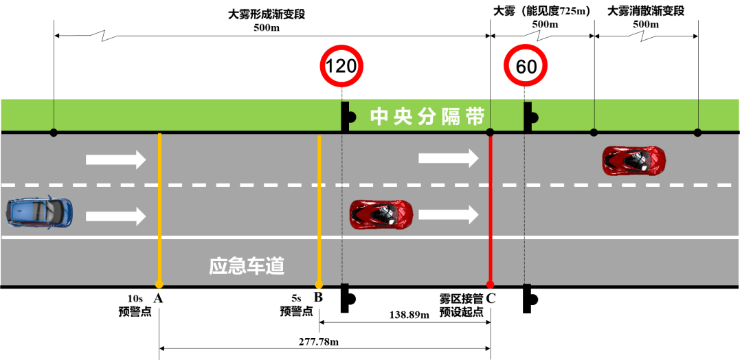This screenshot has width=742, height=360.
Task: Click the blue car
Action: (x=40, y=213)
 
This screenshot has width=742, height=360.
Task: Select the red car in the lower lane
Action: (x=381, y=214)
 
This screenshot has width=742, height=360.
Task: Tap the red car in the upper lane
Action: (x=634, y=160)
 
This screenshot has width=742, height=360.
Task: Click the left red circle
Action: (x=341, y=66)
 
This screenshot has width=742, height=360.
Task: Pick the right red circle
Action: (x=526, y=66)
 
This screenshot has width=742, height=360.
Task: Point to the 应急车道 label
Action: (x=247, y=266)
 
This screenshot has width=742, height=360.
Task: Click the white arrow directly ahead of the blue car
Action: (x=116, y=216)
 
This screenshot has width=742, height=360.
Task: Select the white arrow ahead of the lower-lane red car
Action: (x=448, y=214)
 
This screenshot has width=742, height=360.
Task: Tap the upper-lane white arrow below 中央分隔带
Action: (x=448, y=159)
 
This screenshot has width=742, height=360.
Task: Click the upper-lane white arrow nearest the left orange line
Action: (x=116, y=160)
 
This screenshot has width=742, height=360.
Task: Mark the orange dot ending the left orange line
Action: (x=159, y=284)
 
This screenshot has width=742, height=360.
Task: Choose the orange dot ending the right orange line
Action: (x=319, y=284)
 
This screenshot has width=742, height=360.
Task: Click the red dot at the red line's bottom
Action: (x=490, y=284)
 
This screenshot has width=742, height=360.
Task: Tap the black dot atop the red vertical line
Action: (x=490, y=132)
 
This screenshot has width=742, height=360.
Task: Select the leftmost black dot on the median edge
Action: (x=54, y=132)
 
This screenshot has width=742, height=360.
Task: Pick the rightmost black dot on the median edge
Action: (x=698, y=132)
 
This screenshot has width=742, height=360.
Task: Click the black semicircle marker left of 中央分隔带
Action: (x=350, y=117)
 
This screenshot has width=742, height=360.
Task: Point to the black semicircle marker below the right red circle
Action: (x=533, y=117)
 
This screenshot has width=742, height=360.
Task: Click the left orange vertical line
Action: (x=159, y=206)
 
